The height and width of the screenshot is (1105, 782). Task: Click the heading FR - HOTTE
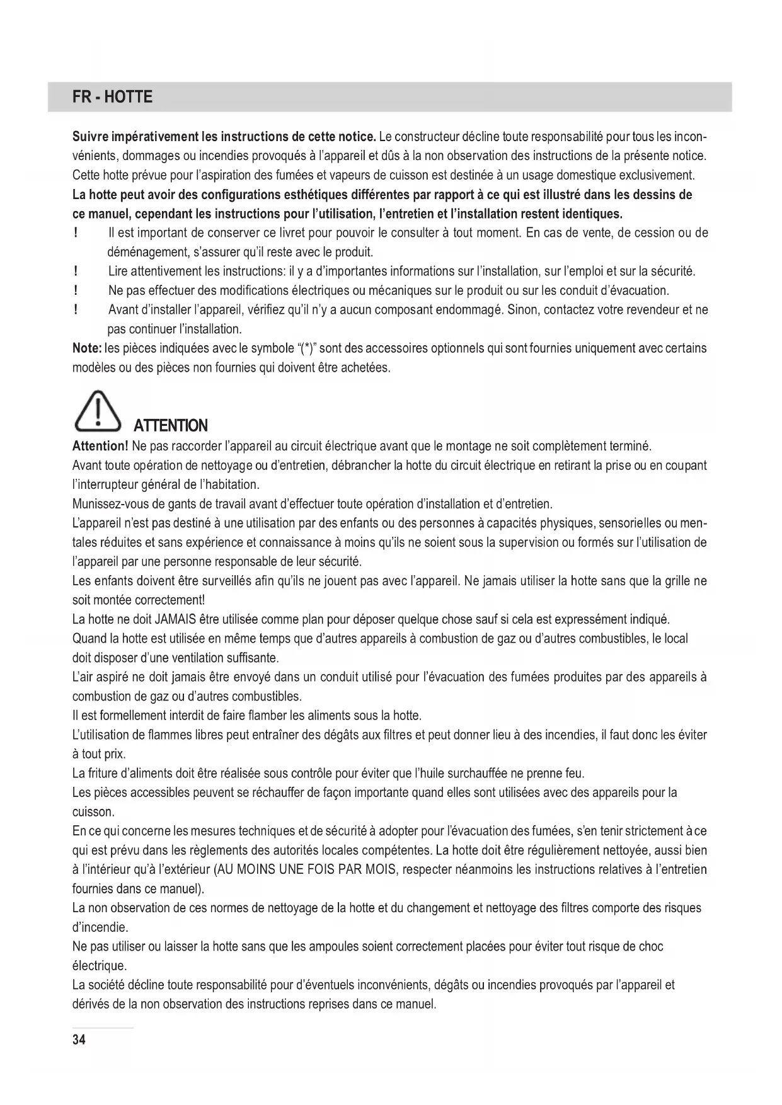[112, 97]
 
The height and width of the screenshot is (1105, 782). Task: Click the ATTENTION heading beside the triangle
[171, 426]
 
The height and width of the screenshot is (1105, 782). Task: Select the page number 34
[79, 1039]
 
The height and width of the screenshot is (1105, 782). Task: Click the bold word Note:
[87, 348]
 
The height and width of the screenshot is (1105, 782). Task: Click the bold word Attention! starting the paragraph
[100, 447]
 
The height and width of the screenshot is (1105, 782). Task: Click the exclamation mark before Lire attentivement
[76, 272]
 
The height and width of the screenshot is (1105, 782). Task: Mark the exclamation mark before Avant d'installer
[76, 310]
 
